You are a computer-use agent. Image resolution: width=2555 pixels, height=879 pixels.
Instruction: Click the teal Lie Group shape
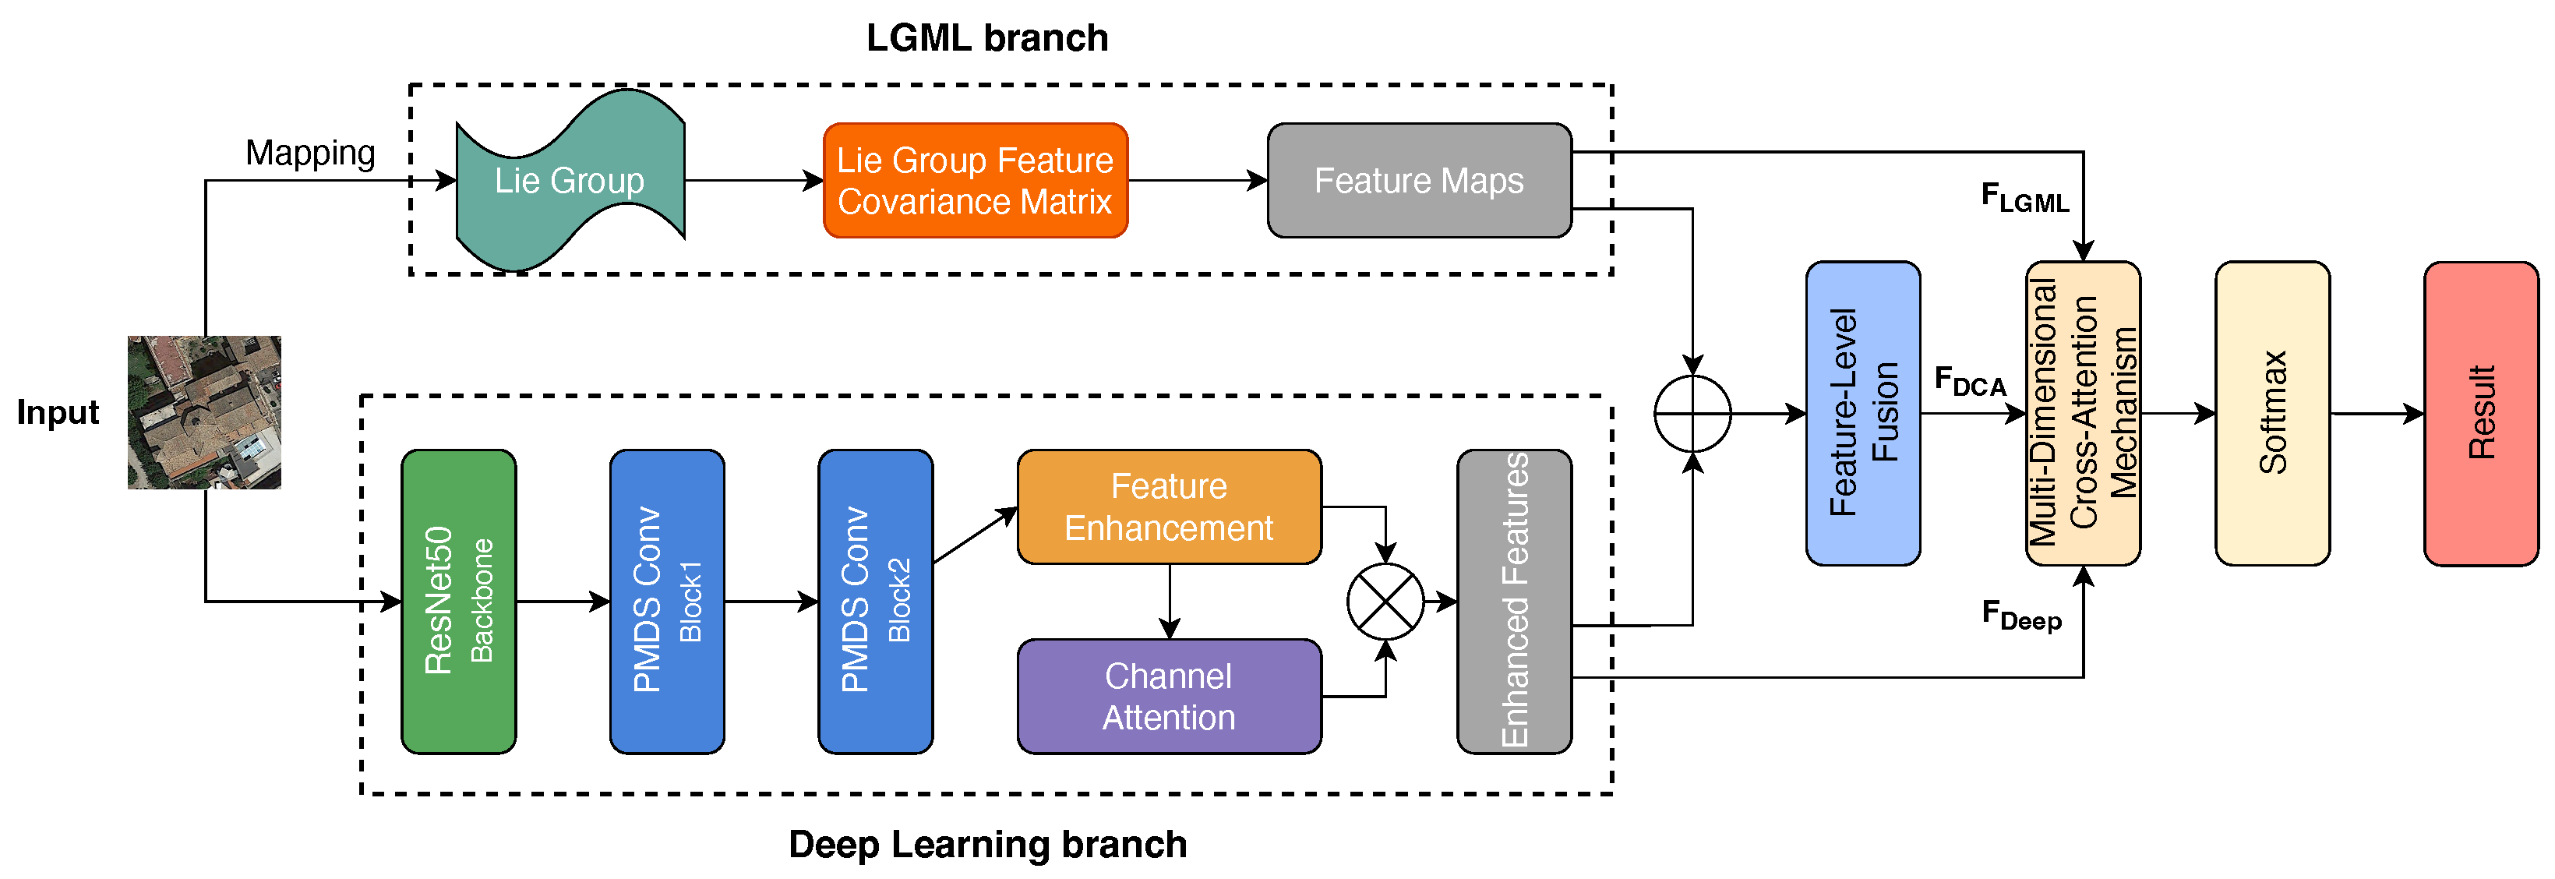point(570,181)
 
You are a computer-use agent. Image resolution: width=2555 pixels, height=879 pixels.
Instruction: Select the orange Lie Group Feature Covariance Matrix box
point(975,181)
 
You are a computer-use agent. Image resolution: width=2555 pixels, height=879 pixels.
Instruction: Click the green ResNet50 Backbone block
point(458,602)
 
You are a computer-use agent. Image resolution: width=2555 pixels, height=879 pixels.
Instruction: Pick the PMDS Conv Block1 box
point(666,602)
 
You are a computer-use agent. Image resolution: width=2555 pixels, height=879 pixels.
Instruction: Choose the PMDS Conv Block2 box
point(875,602)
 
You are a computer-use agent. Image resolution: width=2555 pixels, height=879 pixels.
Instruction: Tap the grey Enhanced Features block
point(1513,602)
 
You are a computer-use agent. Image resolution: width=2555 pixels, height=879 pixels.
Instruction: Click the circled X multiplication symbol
point(1385,602)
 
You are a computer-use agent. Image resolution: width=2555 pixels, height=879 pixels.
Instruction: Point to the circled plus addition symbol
point(1692,414)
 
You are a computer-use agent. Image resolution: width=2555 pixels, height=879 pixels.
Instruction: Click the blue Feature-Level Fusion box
point(1863,414)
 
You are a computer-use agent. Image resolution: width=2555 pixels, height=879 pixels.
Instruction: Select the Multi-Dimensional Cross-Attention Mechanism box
point(2082,414)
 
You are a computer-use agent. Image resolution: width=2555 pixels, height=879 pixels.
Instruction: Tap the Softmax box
point(2271,414)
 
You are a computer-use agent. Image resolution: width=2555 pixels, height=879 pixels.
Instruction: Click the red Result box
point(2481,414)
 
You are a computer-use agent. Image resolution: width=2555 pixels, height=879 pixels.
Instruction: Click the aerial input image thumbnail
point(204,413)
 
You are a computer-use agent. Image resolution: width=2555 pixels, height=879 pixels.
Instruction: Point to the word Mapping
point(310,153)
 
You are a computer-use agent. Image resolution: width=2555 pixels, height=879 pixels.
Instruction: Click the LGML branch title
point(987,37)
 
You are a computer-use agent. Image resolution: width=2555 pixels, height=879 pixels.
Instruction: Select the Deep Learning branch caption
point(987,844)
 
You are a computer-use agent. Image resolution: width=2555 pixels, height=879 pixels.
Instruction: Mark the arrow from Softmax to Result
point(2377,414)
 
